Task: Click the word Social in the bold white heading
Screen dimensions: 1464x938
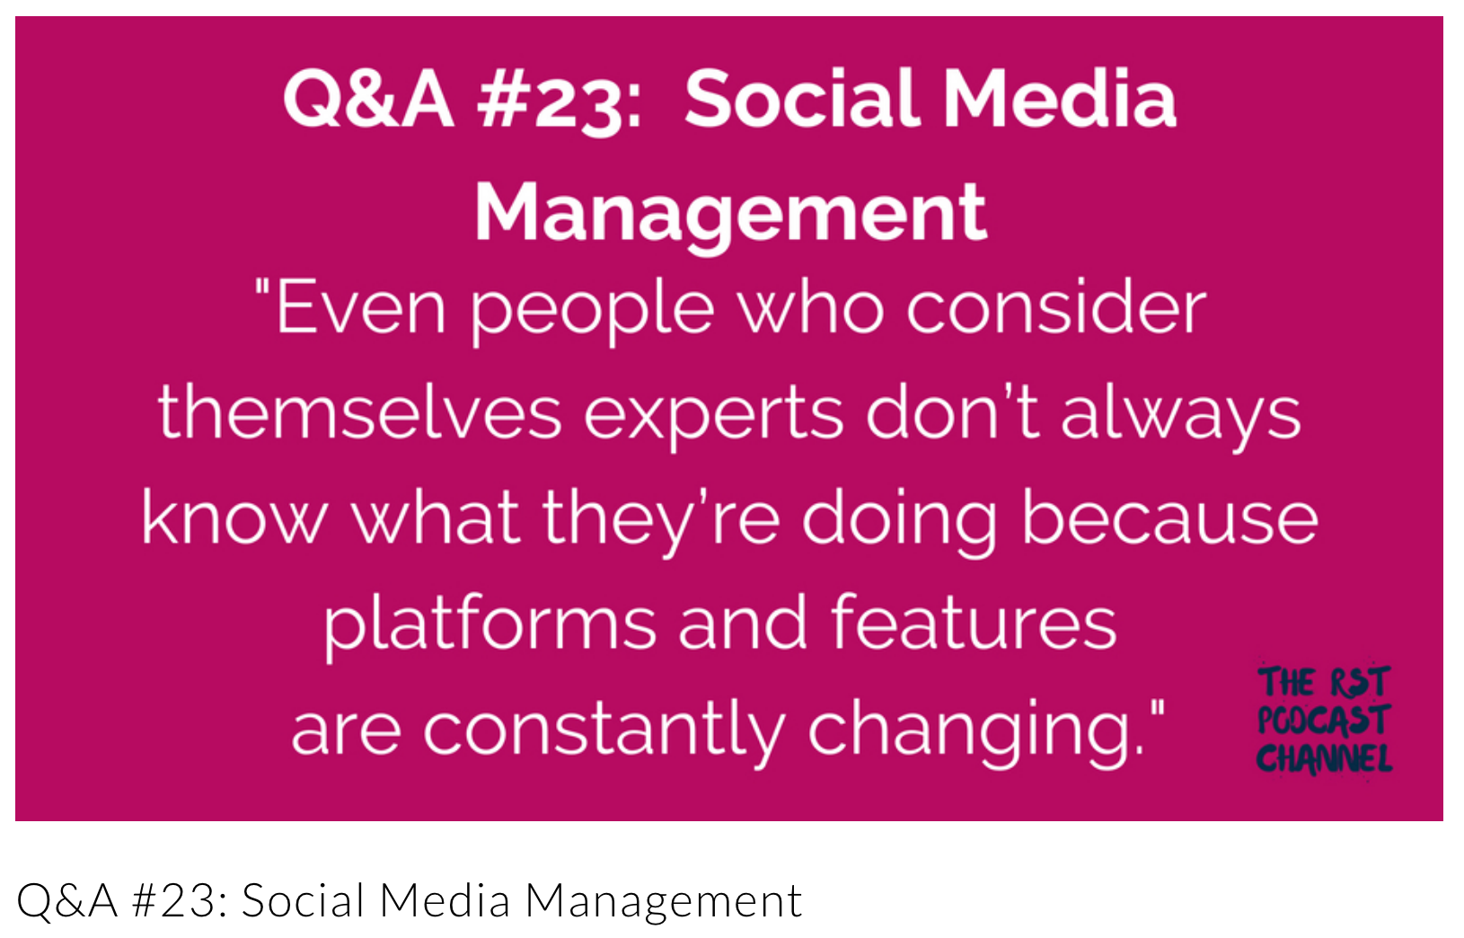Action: [802, 100]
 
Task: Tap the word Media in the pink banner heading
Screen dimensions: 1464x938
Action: [1060, 100]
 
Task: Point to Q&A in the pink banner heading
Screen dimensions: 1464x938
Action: [368, 101]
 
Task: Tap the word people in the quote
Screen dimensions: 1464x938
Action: [592, 314]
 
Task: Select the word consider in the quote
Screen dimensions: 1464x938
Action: [1056, 307]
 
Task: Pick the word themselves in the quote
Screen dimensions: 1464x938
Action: [359, 411]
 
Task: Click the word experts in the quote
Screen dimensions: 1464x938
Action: [713, 417]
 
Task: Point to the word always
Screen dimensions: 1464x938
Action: [1181, 417]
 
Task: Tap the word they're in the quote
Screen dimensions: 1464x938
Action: [661, 522]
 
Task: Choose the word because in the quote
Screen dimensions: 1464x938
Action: [1170, 517]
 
